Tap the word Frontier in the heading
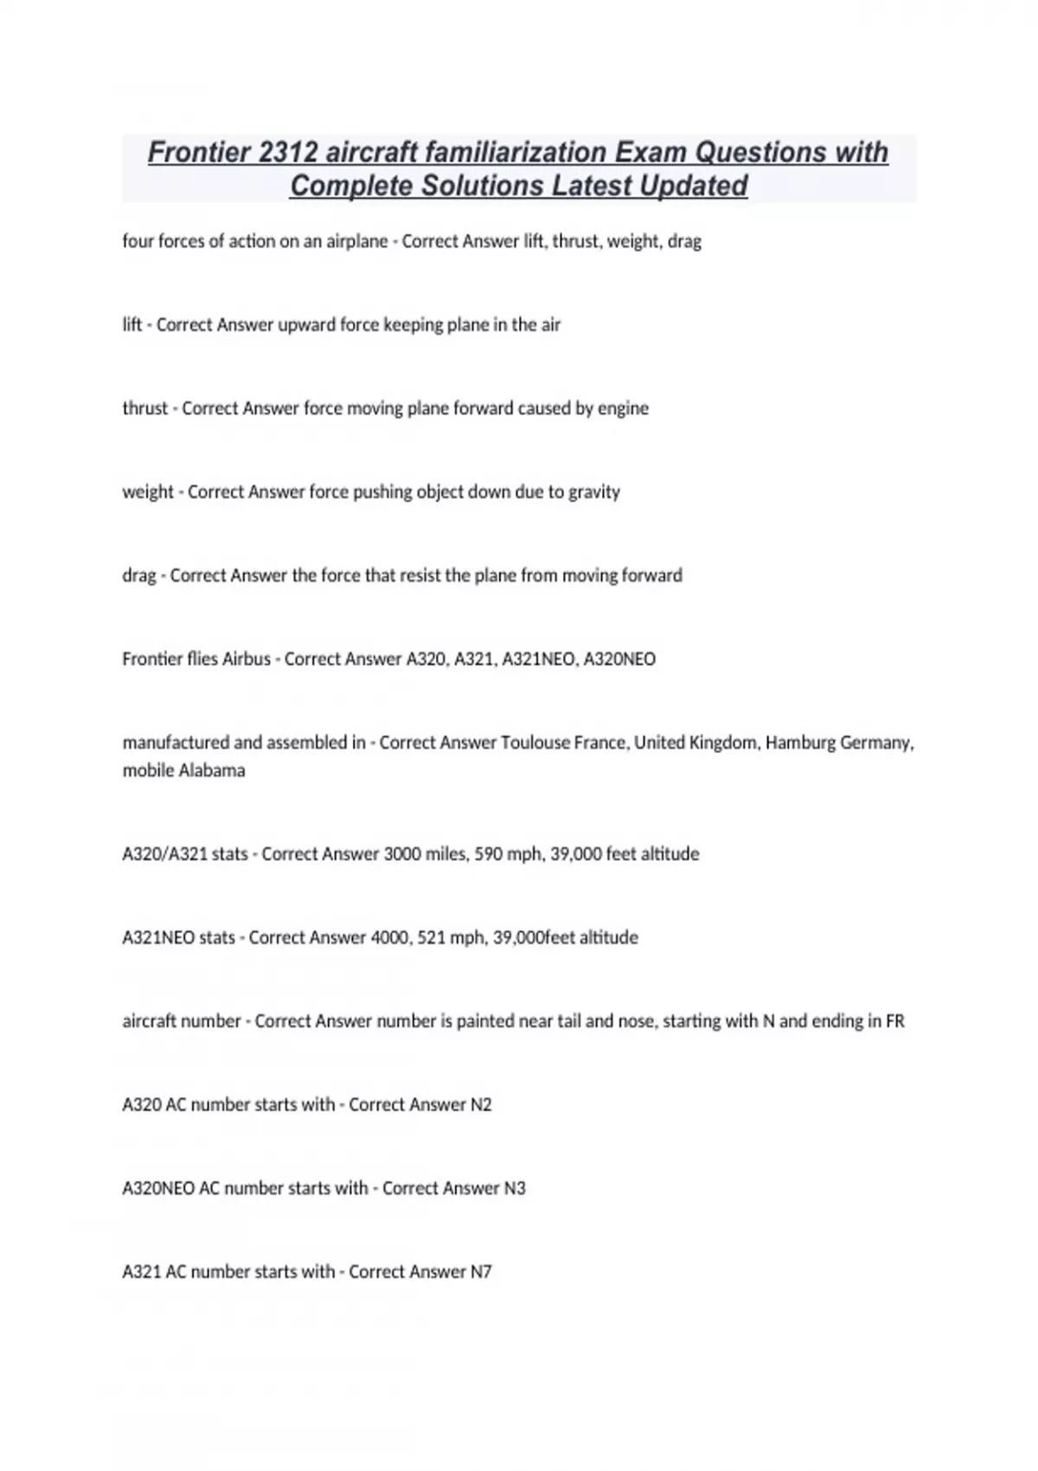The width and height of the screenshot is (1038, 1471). [198, 152]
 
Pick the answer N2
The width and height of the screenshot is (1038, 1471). [481, 1105]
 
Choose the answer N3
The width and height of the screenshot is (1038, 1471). [515, 1188]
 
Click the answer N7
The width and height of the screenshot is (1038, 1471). [481, 1272]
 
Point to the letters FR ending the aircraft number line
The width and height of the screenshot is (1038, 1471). [894, 1021]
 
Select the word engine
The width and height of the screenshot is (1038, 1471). [623, 408]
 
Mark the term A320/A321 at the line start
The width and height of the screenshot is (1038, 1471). [164, 854]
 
